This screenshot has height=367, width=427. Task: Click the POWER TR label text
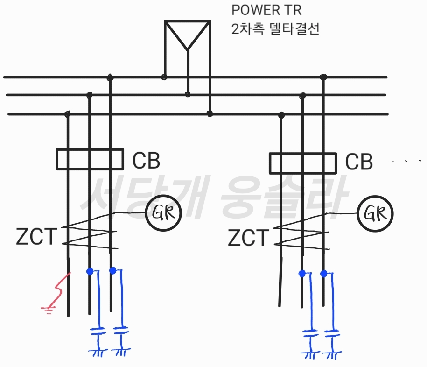[266, 10]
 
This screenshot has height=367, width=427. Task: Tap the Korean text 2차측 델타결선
[275, 29]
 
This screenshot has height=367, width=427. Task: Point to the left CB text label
[146, 161]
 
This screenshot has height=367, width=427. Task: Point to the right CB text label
[359, 162]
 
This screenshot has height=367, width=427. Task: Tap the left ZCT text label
[36, 236]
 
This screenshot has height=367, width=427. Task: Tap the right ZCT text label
[248, 238]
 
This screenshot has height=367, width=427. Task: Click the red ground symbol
[49, 310]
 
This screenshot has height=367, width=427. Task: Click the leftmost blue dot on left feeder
[90, 271]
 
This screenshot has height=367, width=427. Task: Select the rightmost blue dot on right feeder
[324, 274]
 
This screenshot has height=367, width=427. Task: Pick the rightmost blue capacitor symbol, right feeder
[332, 333]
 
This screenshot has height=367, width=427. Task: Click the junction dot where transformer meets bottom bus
[210, 113]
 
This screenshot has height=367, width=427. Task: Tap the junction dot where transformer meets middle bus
[188, 94]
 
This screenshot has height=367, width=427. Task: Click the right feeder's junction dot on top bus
[323, 77]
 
